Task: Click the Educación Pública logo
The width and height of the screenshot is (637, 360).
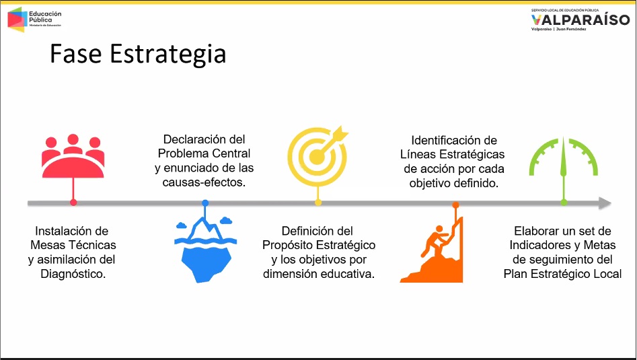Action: [34, 19]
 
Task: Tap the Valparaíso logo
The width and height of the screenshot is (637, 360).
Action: [580, 20]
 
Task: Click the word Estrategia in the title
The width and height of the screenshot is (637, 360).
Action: [167, 55]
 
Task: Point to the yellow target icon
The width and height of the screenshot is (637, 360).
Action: [318, 156]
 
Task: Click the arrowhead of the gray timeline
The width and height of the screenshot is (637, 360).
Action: [605, 203]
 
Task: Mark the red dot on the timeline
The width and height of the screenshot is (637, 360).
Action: [73, 203]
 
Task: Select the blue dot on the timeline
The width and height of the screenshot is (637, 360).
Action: [205, 203]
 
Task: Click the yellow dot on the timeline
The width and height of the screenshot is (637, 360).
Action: [318, 203]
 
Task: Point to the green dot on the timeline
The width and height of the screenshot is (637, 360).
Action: [564, 203]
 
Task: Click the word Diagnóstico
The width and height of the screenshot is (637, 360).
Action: [73, 274]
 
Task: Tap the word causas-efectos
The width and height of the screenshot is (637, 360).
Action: [204, 182]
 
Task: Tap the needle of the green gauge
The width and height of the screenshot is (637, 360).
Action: [564, 157]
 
